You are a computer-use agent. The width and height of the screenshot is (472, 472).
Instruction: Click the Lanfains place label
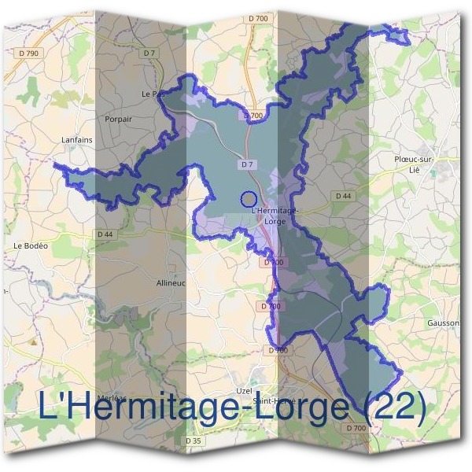(x=76, y=140)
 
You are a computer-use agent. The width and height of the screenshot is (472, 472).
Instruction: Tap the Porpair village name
(x=117, y=119)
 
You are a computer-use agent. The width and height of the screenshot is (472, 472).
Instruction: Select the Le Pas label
(x=153, y=94)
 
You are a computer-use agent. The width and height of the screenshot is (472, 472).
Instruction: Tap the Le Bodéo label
(x=31, y=246)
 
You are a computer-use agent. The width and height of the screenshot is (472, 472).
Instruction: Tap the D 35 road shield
(x=193, y=441)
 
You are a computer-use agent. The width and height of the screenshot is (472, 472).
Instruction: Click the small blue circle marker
(x=249, y=200)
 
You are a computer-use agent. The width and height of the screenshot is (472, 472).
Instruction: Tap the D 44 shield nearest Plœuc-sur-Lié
(x=342, y=195)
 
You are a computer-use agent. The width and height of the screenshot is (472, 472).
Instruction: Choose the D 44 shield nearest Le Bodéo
(x=105, y=234)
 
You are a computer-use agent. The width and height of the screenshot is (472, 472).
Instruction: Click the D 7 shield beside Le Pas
(x=149, y=53)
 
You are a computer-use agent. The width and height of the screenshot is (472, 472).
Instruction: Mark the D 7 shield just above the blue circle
(x=247, y=164)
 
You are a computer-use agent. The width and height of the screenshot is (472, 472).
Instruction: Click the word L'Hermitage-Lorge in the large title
(x=193, y=407)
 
